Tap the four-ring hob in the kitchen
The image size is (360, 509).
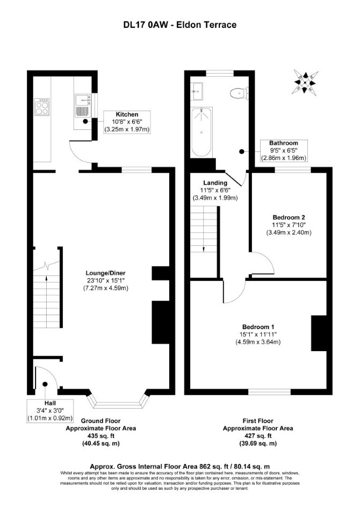click(42, 106)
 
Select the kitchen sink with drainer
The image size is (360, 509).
click(82, 106)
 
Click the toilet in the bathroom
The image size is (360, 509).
click(240, 93)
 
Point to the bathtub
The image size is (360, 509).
click(201, 132)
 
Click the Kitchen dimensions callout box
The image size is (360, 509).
click(127, 122)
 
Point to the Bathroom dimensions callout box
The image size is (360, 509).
click(284, 151)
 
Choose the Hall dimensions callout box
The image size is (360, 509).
click(50, 411)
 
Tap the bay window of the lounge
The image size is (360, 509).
click(118, 401)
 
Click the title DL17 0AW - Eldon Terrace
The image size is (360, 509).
click(180, 25)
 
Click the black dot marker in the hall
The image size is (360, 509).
click(45, 384)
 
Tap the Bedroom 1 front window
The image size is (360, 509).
click(269, 392)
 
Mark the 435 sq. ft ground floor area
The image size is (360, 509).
click(100, 436)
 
